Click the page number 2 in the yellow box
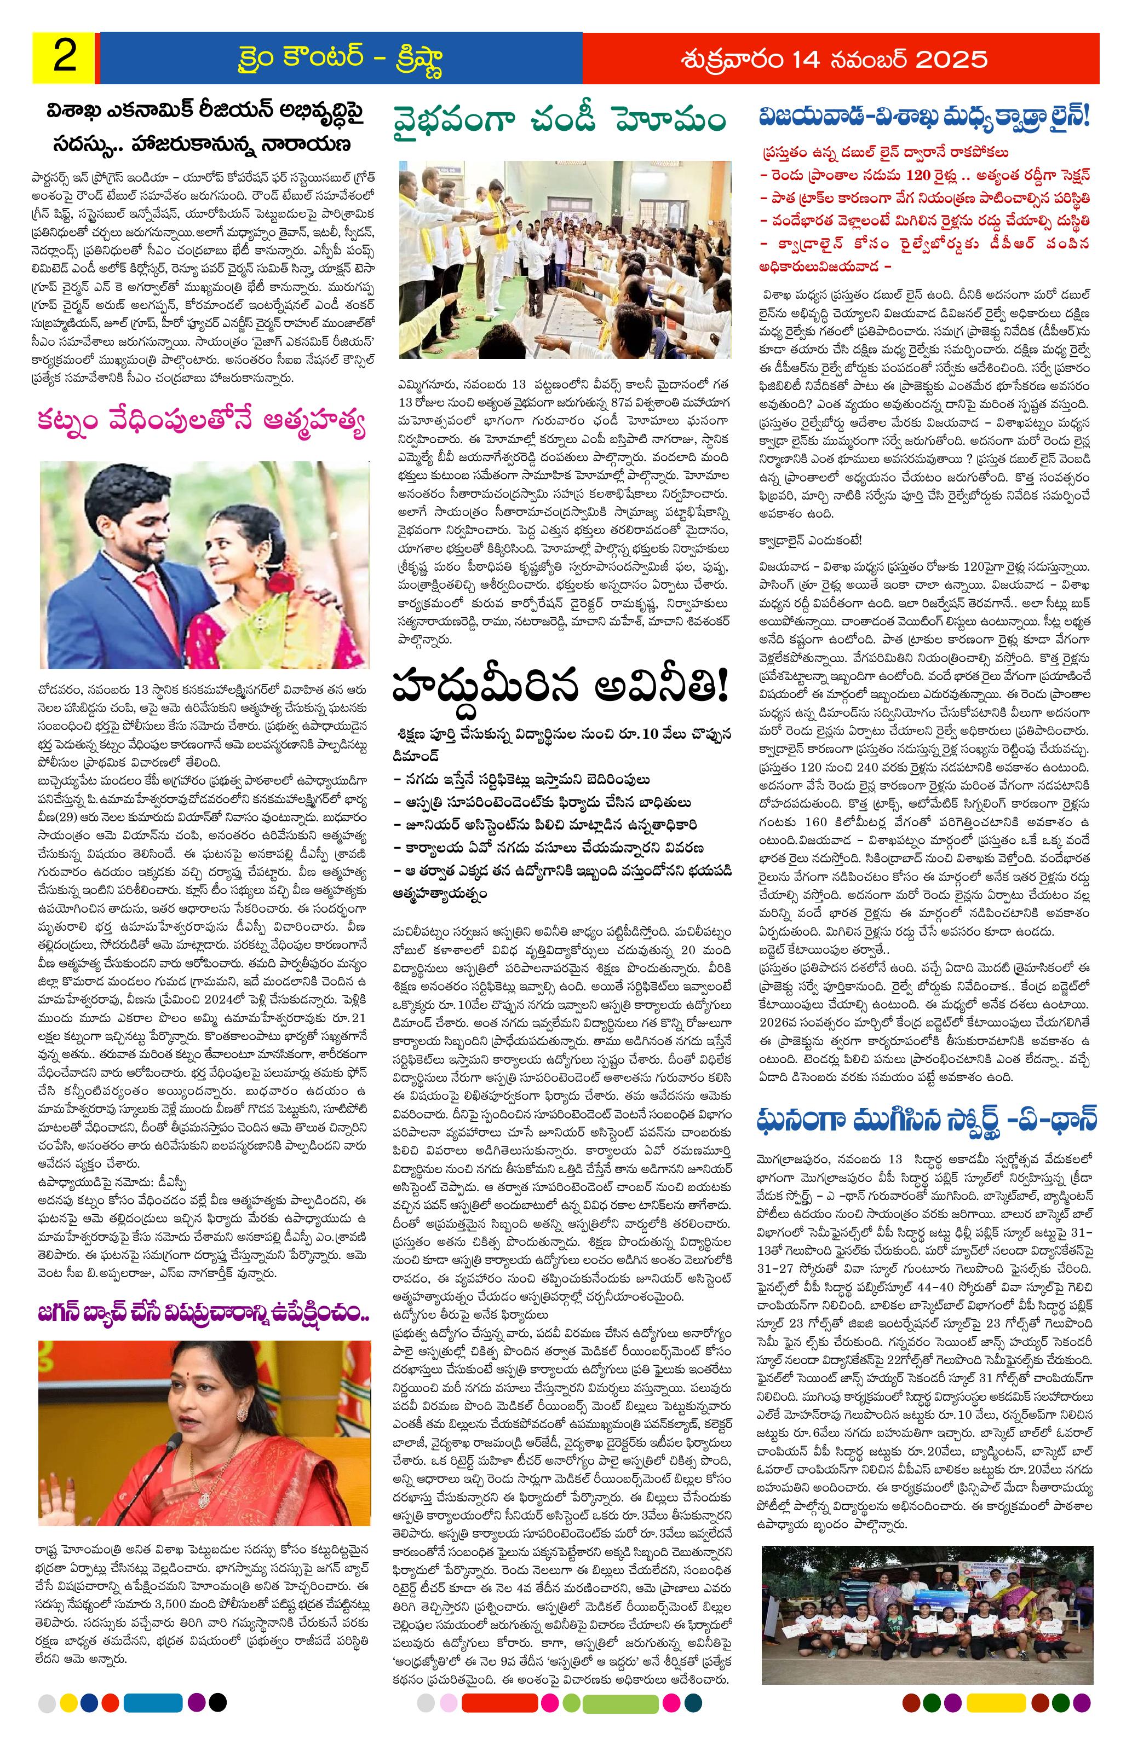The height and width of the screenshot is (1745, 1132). click(64, 58)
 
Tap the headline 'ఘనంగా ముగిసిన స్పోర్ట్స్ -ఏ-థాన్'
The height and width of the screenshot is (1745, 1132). click(927, 1122)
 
